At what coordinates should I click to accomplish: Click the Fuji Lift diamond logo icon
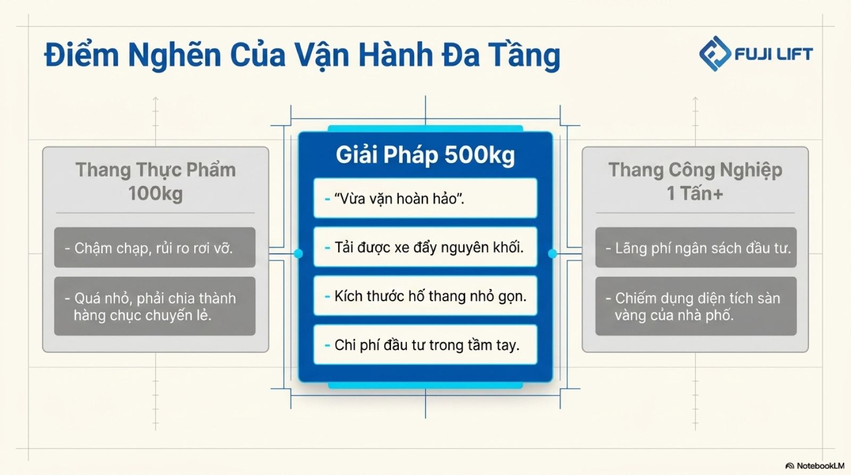pyautogui.click(x=715, y=54)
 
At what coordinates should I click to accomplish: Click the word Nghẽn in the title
pyautogui.click(x=174, y=55)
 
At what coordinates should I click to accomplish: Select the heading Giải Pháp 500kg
pyautogui.click(x=425, y=155)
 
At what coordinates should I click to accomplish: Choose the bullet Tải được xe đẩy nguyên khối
pyautogui.click(x=425, y=247)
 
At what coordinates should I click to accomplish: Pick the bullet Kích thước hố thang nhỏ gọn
pyautogui.click(x=425, y=296)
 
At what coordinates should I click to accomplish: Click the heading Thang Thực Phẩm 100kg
pyautogui.click(x=155, y=181)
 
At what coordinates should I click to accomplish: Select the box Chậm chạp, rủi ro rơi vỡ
pyautogui.click(x=155, y=247)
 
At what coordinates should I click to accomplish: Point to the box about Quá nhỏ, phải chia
pyautogui.click(x=155, y=306)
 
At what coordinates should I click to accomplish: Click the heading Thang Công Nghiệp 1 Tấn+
pyautogui.click(x=695, y=181)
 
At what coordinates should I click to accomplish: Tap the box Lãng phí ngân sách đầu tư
pyautogui.click(x=696, y=247)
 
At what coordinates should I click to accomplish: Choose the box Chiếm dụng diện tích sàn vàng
pyautogui.click(x=696, y=306)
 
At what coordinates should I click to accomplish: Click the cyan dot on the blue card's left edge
pyautogui.click(x=298, y=254)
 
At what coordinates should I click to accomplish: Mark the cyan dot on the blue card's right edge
pyautogui.click(x=553, y=254)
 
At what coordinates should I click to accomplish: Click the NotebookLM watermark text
pyautogui.click(x=820, y=466)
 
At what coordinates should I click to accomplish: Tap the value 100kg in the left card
pyautogui.click(x=155, y=194)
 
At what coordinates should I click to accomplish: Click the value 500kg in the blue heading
pyautogui.click(x=479, y=155)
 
